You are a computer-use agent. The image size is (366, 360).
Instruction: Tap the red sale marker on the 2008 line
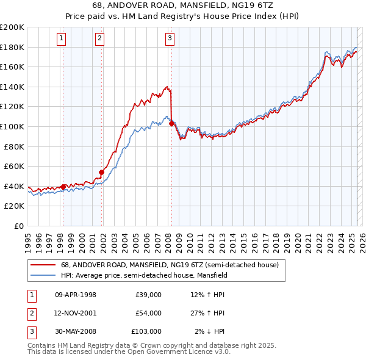(171, 123)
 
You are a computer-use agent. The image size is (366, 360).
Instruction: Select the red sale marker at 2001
(101, 172)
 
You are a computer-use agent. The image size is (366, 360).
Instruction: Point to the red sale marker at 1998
(63, 187)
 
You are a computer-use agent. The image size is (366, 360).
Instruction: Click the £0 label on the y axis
(18, 226)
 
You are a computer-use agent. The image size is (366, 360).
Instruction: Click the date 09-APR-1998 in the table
(76, 295)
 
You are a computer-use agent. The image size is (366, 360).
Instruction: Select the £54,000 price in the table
(148, 313)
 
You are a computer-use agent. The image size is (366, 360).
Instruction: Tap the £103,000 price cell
(146, 331)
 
